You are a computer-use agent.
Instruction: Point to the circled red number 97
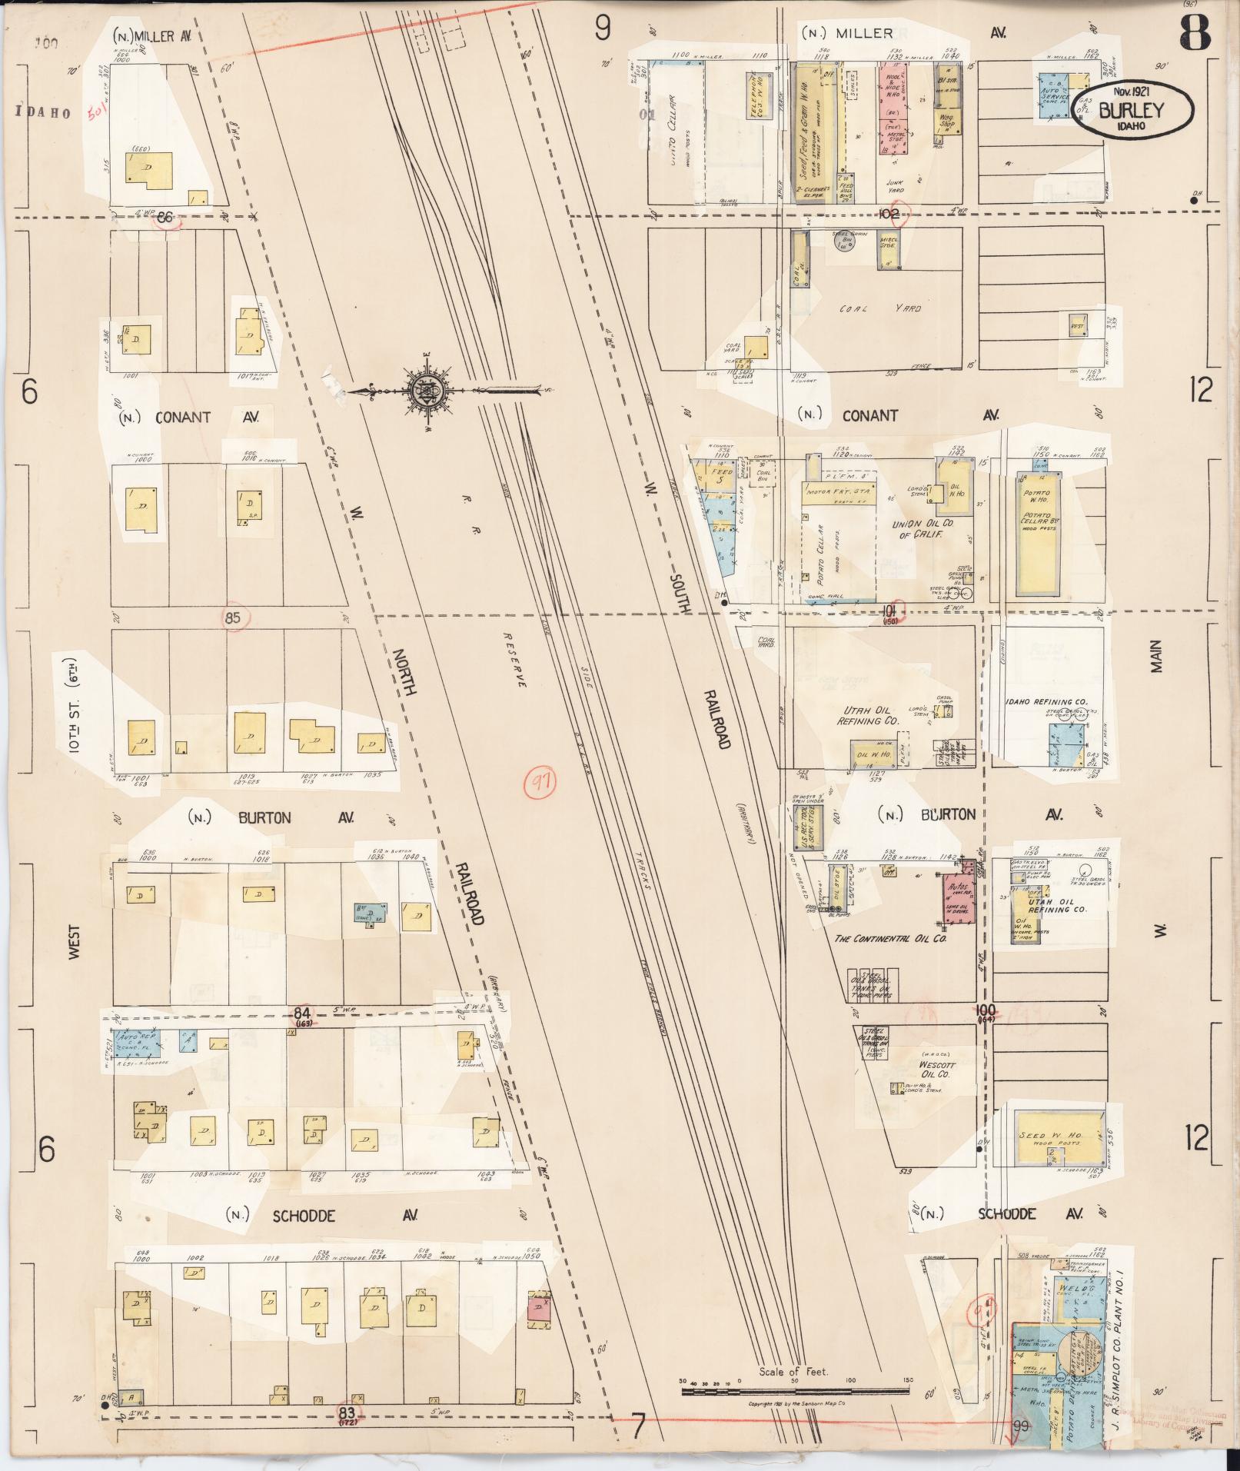click(540, 783)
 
